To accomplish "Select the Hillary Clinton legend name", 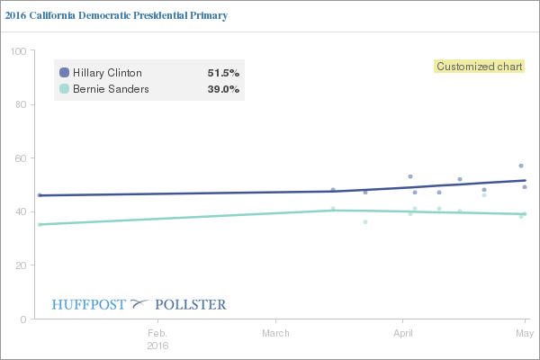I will point(107,73).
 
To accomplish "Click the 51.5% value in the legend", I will point(223,73).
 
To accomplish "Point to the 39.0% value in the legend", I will point(223,89).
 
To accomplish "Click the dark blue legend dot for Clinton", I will point(64,73).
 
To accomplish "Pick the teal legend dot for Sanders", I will point(64,89).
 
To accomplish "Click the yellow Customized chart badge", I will point(481,66).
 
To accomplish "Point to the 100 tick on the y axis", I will point(16,51).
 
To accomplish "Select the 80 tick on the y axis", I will point(19,104).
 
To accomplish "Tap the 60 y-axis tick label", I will point(19,158).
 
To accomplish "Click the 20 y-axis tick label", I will point(19,265).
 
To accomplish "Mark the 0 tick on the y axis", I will point(22,319).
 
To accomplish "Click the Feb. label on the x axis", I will point(157,333).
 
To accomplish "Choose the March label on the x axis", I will point(276,333).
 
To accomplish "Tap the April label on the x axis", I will point(402,333).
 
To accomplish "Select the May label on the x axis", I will point(525,333).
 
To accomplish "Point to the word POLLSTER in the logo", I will point(191,304).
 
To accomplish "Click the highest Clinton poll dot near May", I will point(521,166).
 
